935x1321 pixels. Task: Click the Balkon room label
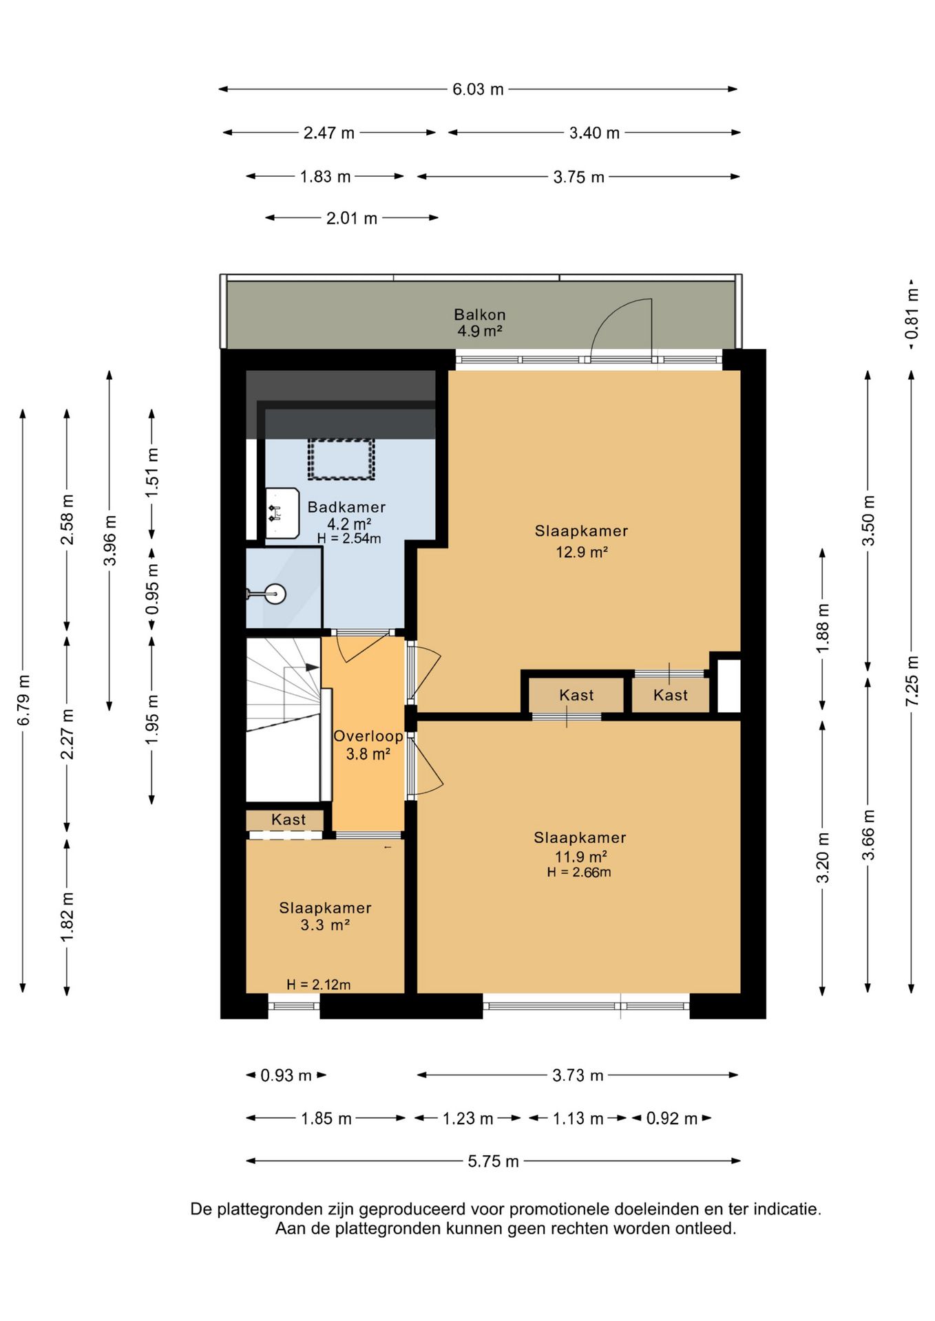pos(479,315)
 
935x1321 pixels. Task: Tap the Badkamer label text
pos(346,507)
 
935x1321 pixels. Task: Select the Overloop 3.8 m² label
pos(368,745)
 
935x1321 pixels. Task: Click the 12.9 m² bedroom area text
pos(581,552)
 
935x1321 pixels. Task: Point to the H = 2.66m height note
pos(579,872)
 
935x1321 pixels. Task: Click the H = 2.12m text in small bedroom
pos(318,985)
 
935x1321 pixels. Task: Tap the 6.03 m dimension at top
pos(478,89)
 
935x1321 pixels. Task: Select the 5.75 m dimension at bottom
pos(493,1161)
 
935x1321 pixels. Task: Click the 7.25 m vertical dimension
pos(912,681)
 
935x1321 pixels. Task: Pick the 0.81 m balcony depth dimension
pos(912,314)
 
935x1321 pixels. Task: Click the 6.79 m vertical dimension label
pos(23,700)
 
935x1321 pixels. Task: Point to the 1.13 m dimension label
pos(578,1119)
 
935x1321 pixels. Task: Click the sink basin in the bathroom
pos(282,513)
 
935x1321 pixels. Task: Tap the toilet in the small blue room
pos(274,593)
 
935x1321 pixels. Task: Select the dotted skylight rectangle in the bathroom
pos(341,459)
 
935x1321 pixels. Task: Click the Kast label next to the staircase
pos(288,819)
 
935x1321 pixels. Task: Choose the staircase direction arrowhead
pos(312,667)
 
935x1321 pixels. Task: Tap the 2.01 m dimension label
pos(351,219)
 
